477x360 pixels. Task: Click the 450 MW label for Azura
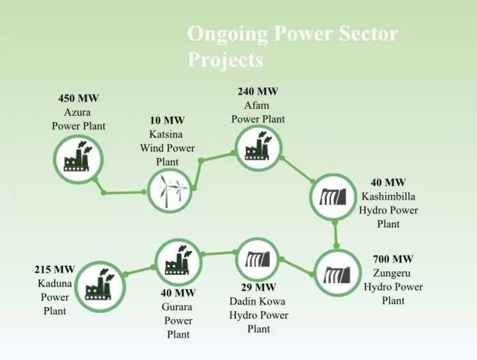point(78,98)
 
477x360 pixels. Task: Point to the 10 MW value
point(168,120)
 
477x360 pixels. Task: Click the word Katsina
point(166,134)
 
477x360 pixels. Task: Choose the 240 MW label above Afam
point(258,91)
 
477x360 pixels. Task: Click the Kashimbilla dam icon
point(333,196)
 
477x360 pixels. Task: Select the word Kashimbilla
point(388,196)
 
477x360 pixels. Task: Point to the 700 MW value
point(393,259)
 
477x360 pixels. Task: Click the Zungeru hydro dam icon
point(337,275)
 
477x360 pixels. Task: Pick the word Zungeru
point(392,273)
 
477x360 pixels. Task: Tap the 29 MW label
point(258,287)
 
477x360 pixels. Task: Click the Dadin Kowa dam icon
point(258,260)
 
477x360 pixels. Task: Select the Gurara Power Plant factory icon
point(179,260)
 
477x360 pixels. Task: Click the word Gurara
point(176,307)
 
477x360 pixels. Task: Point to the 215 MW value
point(55,269)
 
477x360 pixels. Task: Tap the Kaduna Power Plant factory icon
point(99,285)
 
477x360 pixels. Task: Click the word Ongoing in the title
point(227,34)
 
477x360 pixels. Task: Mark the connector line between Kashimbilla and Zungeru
point(335,235)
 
